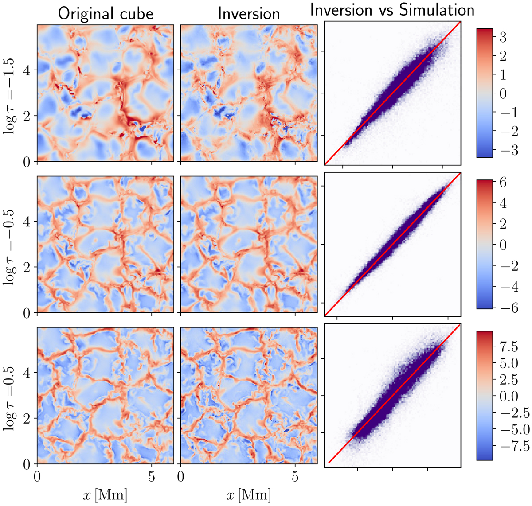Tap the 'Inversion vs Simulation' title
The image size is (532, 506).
point(392,10)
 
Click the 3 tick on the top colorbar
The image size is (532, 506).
point(503,37)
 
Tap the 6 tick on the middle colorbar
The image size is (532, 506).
point(503,183)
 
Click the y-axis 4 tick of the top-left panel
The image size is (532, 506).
point(27,70)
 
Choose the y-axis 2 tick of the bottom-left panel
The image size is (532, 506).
point(27,419)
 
